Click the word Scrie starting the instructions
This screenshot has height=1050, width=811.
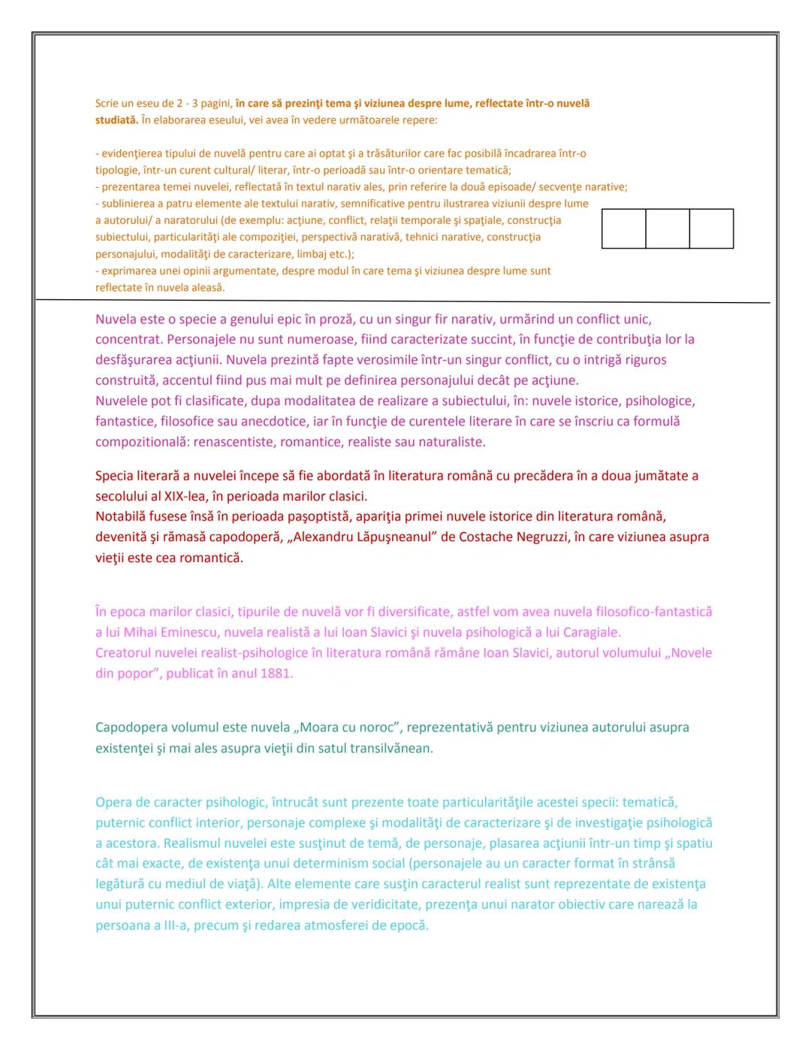point(107,104)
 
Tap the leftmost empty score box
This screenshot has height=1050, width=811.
point(624,228)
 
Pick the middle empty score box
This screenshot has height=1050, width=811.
point(668,228)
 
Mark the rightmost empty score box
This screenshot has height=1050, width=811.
point(711,228)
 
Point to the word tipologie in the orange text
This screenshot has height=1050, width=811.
point(117,170)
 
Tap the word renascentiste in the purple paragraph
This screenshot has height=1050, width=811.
point(234,442)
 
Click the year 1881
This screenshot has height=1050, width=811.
point(275,673)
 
